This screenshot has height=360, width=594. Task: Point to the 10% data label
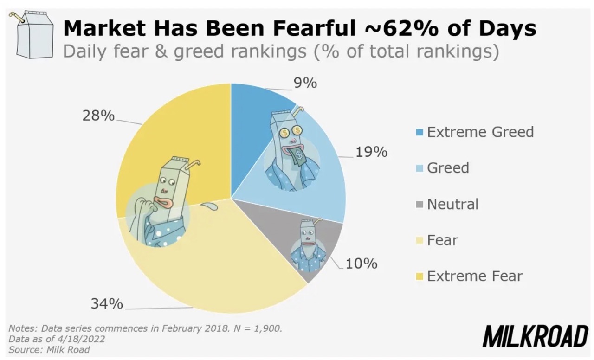(362, 264)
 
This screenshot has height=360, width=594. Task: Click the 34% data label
(107, 304)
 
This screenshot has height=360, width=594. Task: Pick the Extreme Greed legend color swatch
(420, 132)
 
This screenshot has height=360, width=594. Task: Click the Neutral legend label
(452, 204)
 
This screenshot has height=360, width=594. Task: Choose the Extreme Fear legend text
(475, 276)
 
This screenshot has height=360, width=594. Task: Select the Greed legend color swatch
(420, 168)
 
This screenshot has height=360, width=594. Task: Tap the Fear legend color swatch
(420, 241)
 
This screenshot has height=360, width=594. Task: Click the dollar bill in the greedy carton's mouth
(298, 157)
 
